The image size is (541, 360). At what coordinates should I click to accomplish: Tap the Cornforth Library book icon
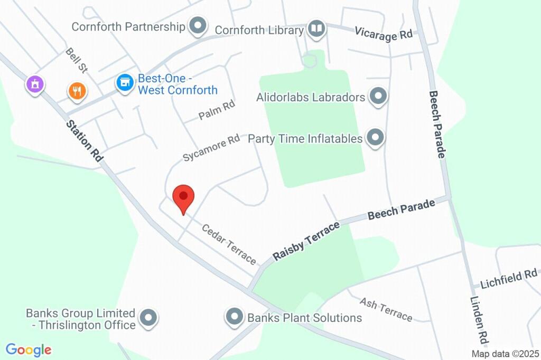316,29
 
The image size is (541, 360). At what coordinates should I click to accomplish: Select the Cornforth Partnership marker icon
198,25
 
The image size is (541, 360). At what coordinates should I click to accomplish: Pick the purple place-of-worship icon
35,83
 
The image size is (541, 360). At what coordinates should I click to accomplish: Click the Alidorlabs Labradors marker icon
378,97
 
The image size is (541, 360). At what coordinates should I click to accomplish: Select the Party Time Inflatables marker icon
375,137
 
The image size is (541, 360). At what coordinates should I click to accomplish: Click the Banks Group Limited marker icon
148,318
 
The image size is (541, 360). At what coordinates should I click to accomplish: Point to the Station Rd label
84,140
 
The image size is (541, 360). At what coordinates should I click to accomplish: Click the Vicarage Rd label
383,33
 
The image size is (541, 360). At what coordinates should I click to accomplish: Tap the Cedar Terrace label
229,244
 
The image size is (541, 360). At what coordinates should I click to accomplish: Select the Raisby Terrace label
306,241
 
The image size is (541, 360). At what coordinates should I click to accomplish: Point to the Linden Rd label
478,320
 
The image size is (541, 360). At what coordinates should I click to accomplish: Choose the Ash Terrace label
386,309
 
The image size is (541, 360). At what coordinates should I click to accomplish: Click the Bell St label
76,60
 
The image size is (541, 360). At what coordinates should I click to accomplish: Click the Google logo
29,349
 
